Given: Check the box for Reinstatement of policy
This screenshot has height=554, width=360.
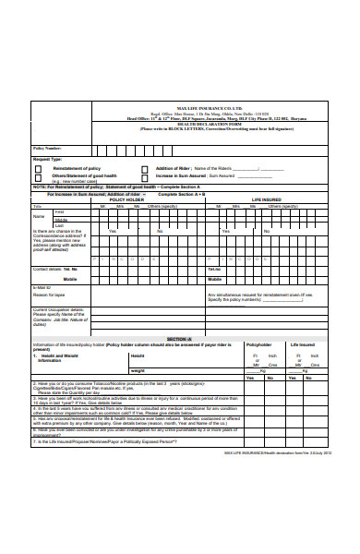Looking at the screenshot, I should click(x=41, y=169).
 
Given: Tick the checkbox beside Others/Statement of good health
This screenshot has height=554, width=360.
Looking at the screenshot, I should click(x=41, y=176).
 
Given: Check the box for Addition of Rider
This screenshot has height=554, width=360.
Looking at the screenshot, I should click(x=145, y=169).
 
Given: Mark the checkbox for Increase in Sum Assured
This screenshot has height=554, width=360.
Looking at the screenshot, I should click(x=145, y=176).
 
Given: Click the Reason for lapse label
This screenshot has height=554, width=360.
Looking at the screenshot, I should click(x=50, y=296).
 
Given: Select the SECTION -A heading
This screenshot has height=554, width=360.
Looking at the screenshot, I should click(x=178, y=340).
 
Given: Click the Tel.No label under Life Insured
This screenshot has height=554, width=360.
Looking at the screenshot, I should click(x=214, y=270).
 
